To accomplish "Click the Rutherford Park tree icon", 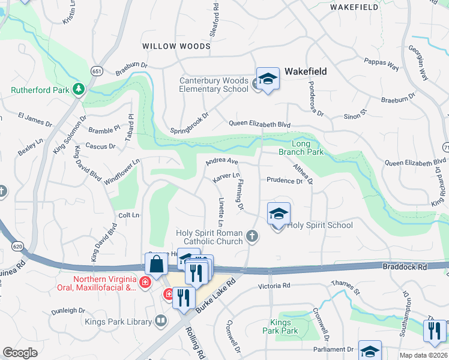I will coord(78,89).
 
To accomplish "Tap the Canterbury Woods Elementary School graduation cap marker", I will coord(267,79).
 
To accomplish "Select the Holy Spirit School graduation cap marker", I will coord(279,214).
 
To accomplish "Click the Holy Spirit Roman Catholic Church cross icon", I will coord(252,237).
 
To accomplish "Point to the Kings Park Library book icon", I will coord(161,322).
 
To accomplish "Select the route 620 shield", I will coord(17,246).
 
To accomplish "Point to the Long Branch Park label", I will coord(307,148).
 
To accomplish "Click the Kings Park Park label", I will coord(280,327).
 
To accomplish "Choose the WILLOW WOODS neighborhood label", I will coord(176,46).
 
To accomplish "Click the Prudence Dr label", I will coord(284,180).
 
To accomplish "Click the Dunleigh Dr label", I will coord(68,310).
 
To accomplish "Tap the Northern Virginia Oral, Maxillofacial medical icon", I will coord(145,281).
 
